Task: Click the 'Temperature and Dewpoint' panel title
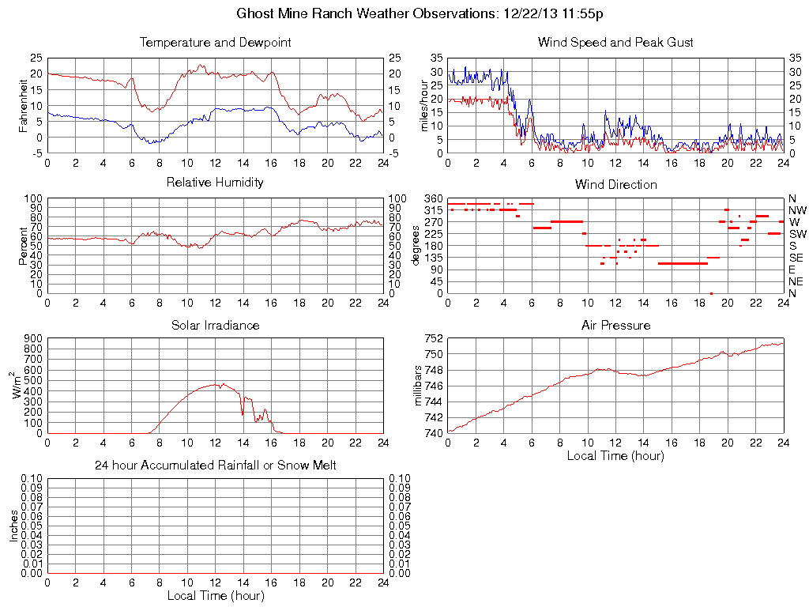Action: point(215,42)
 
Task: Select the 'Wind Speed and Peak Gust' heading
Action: point(615,42)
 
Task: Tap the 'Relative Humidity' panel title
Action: point(215,183)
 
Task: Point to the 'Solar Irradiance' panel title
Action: point(215,325)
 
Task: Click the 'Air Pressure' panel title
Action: point(615,325)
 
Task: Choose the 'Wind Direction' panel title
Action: point(615,184)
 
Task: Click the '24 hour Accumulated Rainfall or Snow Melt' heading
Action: point(215,466)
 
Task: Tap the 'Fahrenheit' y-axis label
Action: point(23,105)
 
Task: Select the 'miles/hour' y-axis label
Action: point(423,105)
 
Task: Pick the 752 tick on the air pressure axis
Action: point(434,338)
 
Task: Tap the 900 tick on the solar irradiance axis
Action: point(32,338)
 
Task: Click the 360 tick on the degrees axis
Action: point(434,198)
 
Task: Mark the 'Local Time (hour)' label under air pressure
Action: point(615,455)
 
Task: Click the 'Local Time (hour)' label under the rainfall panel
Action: point(215,595)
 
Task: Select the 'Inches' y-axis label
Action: point(14,526)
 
